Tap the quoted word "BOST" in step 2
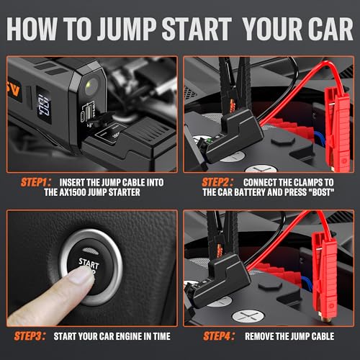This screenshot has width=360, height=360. point(323,194)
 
